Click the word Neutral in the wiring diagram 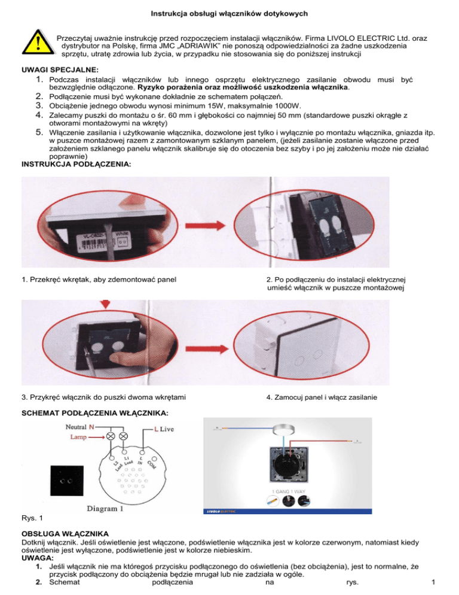(x=74, y=427)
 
